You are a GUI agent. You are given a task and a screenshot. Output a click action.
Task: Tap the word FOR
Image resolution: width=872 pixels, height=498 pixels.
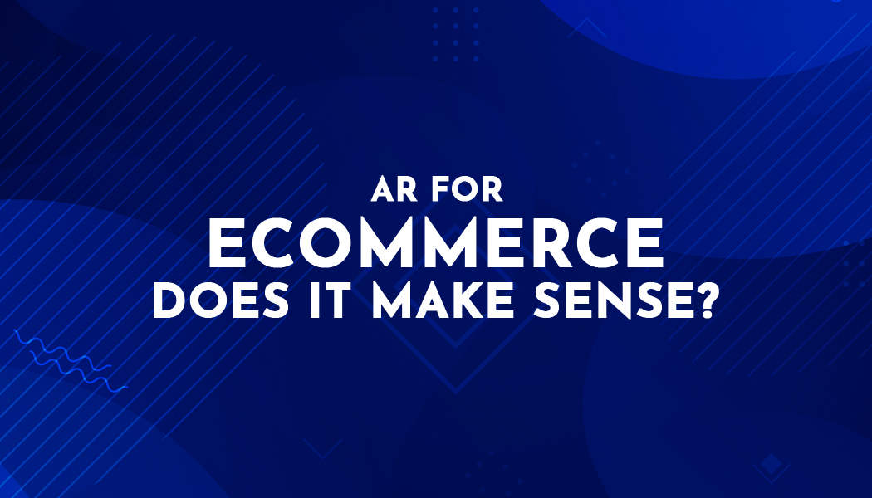point(467,189)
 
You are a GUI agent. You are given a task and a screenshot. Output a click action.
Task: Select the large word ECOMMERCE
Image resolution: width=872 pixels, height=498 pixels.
point(436,243)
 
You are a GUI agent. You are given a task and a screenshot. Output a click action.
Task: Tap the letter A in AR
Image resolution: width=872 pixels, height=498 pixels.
point(383,189)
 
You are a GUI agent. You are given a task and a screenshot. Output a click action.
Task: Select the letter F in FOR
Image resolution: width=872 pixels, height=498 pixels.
point(439,189)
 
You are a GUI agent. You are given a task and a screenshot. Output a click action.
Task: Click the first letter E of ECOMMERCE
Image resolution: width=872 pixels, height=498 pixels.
point(223,243)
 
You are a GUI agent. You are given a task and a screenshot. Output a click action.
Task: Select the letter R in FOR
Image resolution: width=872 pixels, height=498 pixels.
point(492,189)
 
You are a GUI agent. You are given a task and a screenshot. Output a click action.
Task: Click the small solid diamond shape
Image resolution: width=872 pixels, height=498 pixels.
point(772,463)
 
